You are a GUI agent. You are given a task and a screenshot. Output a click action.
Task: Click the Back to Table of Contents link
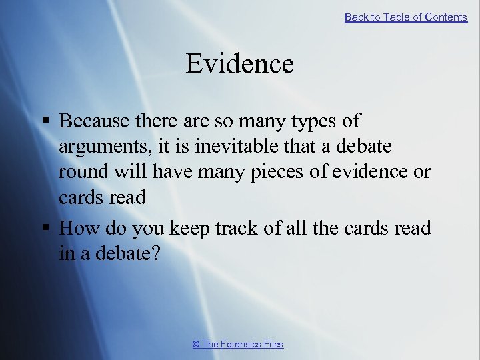[x=405, y=17]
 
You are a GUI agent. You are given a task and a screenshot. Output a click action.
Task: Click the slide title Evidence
[x=239, y=64]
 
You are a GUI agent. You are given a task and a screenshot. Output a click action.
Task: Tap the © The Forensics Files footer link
[x=238, y=344]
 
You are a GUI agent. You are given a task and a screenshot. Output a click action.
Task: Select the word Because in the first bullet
[x=93, y=121]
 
